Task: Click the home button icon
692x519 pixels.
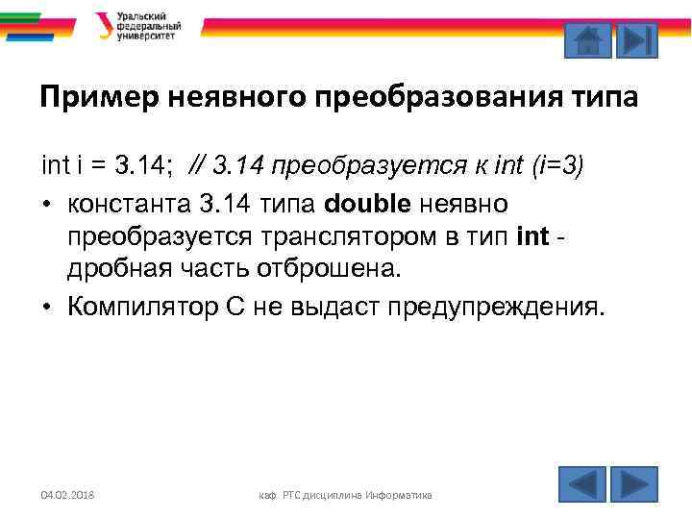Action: [x=586, y=40]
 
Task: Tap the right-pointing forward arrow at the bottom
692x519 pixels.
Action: [x=633, y=483]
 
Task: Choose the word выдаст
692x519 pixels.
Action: [x=333, y=308]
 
